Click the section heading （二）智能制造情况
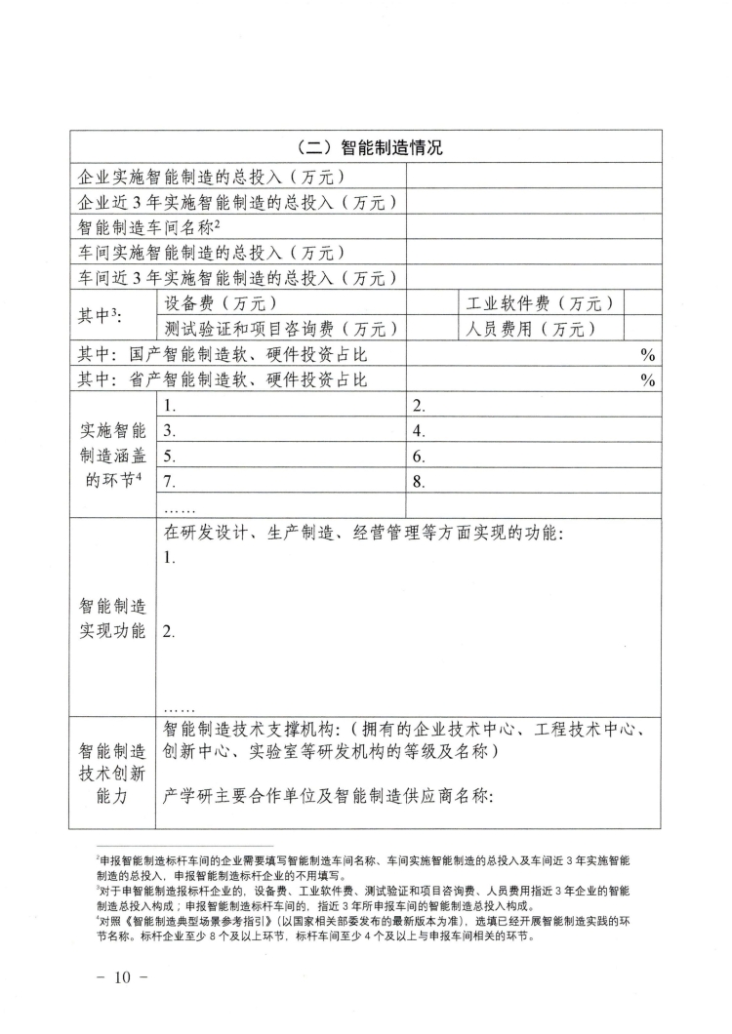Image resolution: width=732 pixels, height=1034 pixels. pos(366,148)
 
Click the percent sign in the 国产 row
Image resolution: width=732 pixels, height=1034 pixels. pos(646,355)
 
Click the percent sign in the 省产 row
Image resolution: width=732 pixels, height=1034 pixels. pos(646,380)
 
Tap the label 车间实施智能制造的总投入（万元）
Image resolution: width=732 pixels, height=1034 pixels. pos(212,253)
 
